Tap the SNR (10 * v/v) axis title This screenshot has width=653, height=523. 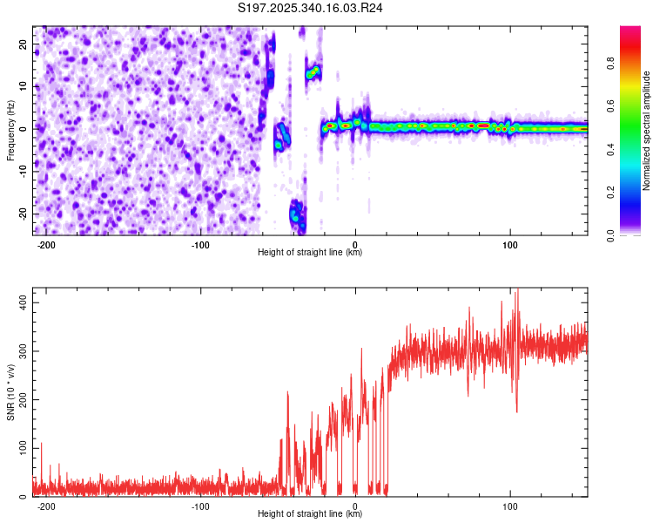click(x=10, y=393)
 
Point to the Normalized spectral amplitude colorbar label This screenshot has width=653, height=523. click(x=646, y=131)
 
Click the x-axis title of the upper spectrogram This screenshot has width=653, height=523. click(x=310, y=252)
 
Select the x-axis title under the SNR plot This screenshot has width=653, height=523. click(x=310, y=513)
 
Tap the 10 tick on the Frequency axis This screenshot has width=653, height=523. click(x=23, y=86)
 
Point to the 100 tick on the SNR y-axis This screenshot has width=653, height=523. click(x=19, y=448)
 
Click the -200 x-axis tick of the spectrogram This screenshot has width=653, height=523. click(x=47, y=243)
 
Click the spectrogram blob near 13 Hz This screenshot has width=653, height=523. click(x=313, y=72)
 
